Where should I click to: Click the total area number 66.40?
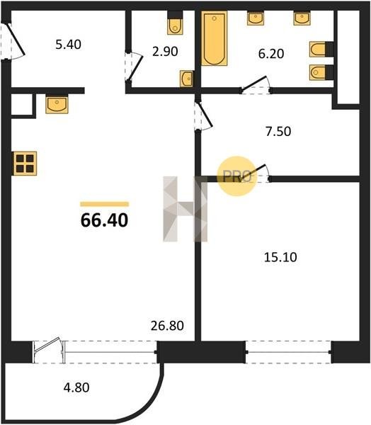click(x=104, y=220)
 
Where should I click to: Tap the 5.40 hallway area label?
click(x=68, y=45)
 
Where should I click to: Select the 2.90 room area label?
click(x=165, y=52)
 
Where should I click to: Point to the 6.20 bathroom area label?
click(x=271, y=54)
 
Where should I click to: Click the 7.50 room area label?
click(x=278, y=131)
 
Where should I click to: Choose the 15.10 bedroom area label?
click(x=280, y=257)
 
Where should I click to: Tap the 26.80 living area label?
click(x=167, y=326)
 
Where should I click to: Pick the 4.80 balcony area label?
click(x=76, y=387)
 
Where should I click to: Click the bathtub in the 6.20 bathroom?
click(x=214, y=38)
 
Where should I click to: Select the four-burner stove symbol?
click(x=25, y=164)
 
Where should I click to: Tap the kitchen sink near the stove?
click(x=57, y=104)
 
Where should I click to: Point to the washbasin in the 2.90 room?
click(x=186, y=79)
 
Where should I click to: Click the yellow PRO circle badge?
click(x=237, y=176)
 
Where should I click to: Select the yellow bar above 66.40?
click(x=105, y=204)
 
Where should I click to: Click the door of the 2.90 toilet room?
click(x=134, y=67)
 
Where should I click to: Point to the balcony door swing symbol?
click(x=48, y=346)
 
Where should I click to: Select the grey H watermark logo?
click(x=185, y=209)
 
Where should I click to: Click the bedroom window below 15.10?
click(x=288, y=352)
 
